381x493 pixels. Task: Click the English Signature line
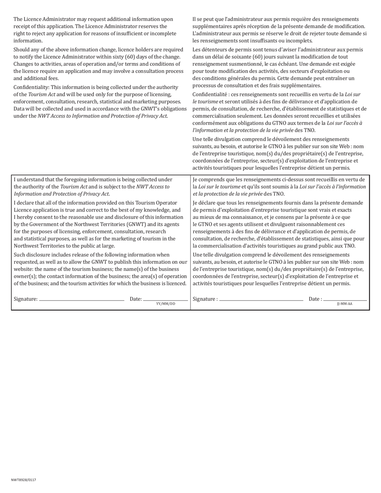(x=82, y=300)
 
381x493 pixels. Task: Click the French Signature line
(x=261, y=300)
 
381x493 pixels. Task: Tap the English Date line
(x=165, y=300)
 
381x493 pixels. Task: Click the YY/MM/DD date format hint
(x=166, y=304)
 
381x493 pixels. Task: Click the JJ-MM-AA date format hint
(x=345, y=304)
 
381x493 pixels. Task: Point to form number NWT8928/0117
(x=24, y=480)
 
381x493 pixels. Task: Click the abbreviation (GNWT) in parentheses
(x=129, y=224)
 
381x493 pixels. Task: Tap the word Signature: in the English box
(x=26, y=299)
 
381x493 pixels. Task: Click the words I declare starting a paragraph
(x=24, y=202)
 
